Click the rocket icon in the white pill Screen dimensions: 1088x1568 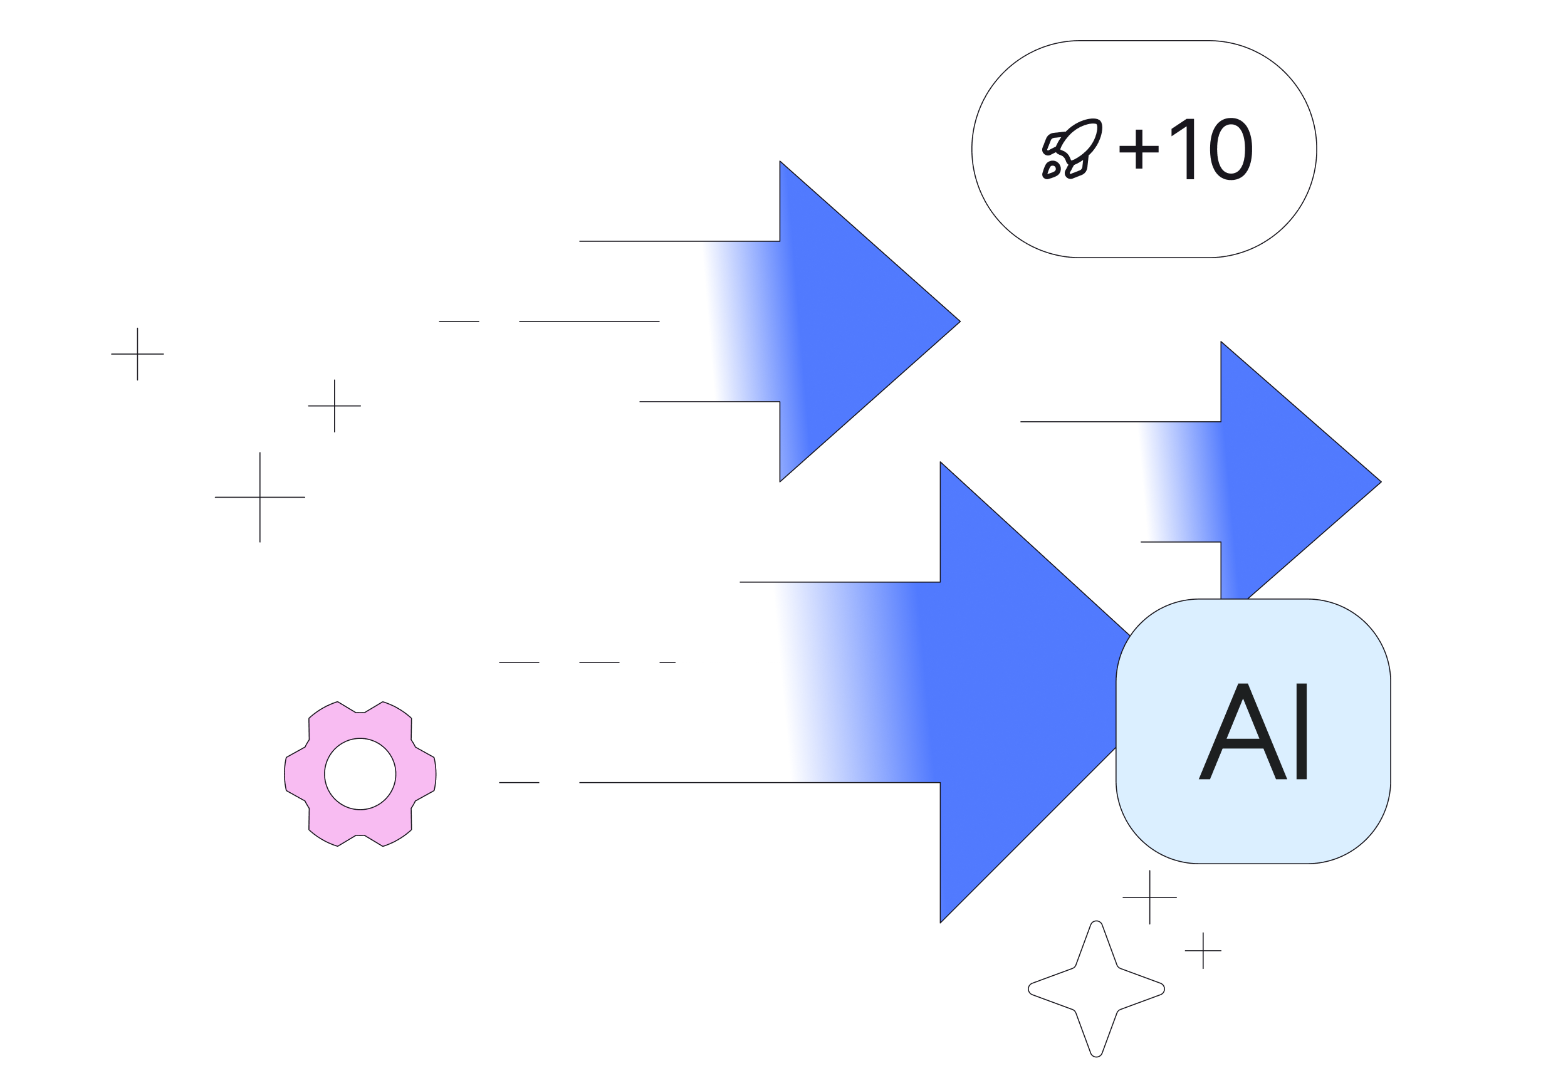tap(1072, 149)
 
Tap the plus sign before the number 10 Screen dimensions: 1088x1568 tap(1139, 148)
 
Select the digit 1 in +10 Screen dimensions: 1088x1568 tap(1186, 149)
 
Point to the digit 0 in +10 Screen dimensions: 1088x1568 tap(1231, 149)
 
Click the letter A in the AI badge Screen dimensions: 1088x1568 tap(1242, 731)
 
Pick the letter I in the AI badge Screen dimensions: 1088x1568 tap(1301, 731)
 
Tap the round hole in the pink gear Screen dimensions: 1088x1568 tap(360, 774)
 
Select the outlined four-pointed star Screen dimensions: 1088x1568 tap(1096, 988)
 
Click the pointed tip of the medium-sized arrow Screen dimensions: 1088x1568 tap(956, 321)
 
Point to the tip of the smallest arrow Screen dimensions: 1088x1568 tap(1377, 482)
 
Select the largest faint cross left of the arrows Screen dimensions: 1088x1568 tap(259, 497)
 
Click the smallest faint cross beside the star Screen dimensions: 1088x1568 tap(1203, 950)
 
